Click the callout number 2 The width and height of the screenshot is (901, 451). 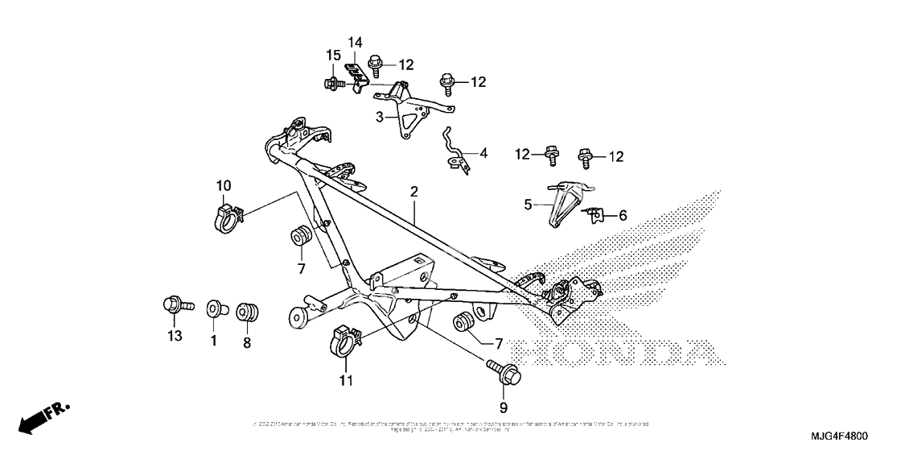point(413,192)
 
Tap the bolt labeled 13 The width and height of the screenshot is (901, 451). point(176,306)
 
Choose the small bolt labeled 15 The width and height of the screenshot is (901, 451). point(332,82)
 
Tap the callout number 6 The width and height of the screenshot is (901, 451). point(621,215)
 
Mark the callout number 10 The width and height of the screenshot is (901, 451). point(224,187)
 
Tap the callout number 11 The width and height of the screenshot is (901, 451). point(346,381)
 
